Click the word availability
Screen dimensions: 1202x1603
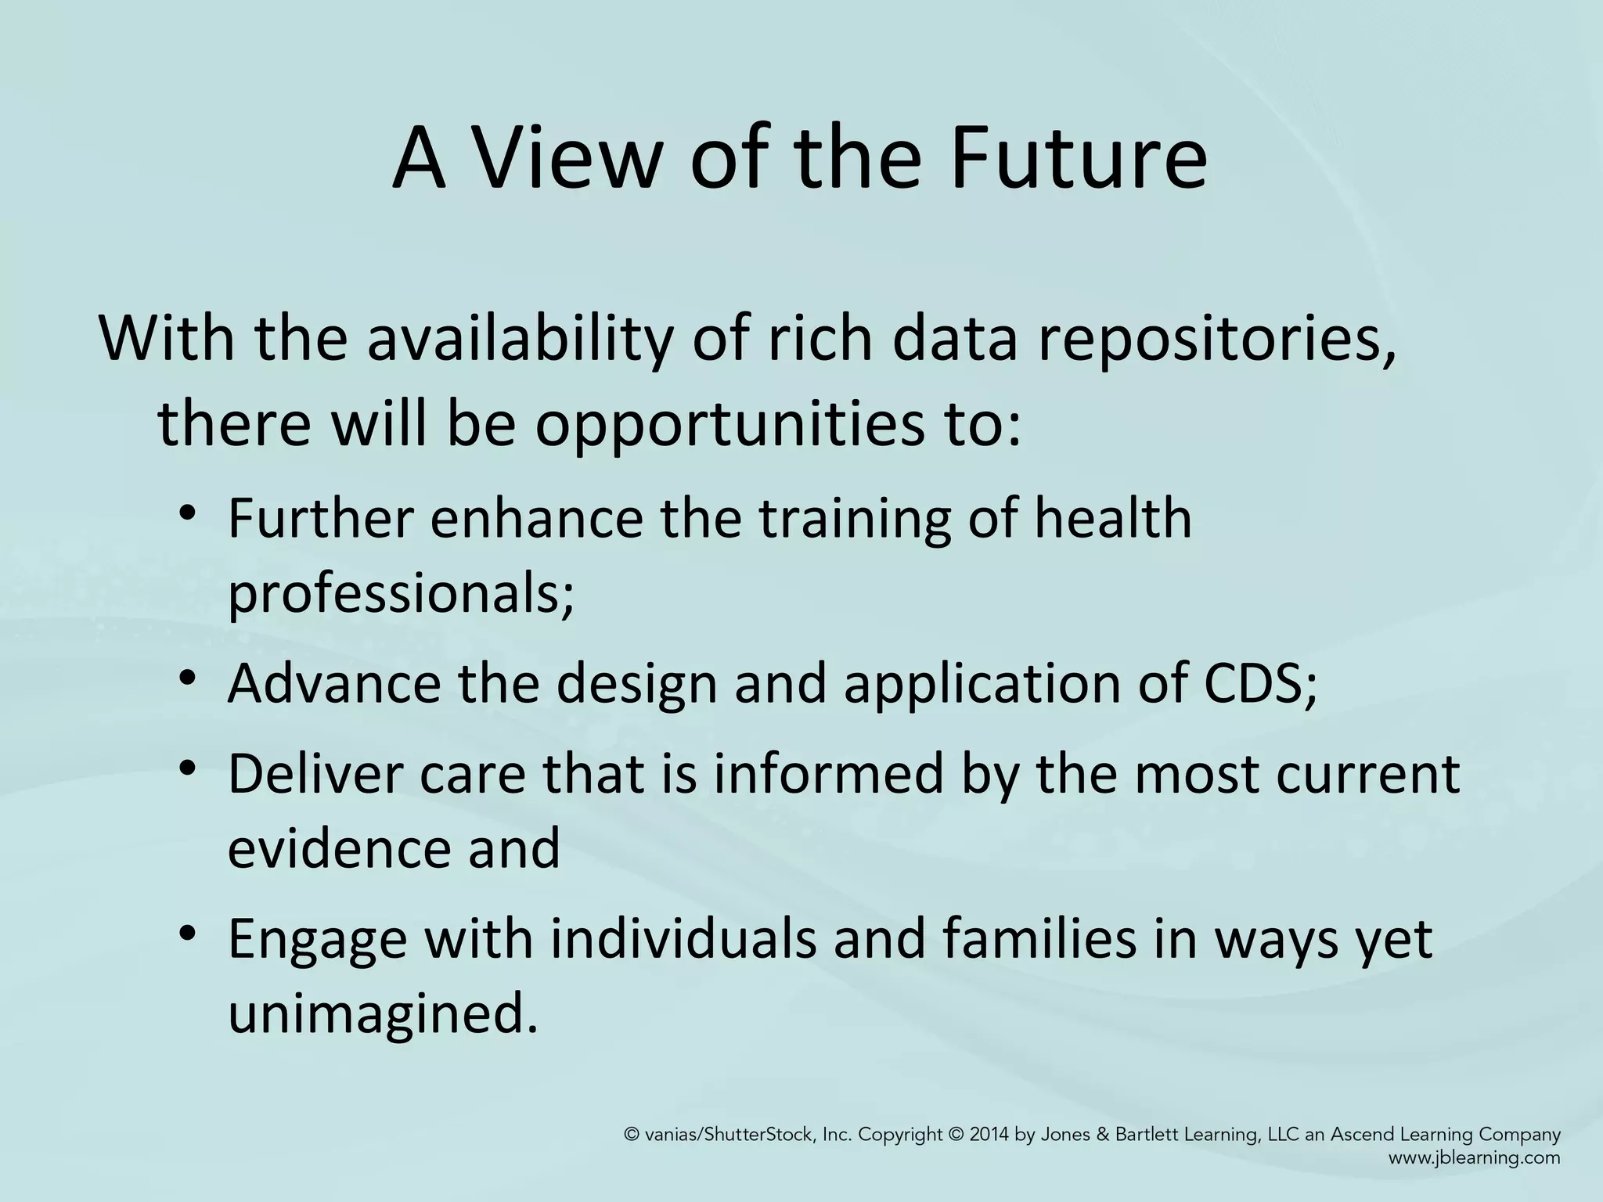(519, 340)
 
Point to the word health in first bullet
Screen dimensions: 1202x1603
(1112, 518)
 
